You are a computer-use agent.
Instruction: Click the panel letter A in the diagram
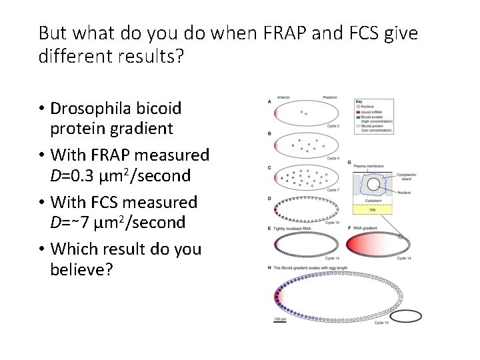click(x=269, y=101)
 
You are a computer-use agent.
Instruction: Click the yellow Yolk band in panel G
click(x=374, y=209)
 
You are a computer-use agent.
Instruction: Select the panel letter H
click(x=269, y=267)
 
